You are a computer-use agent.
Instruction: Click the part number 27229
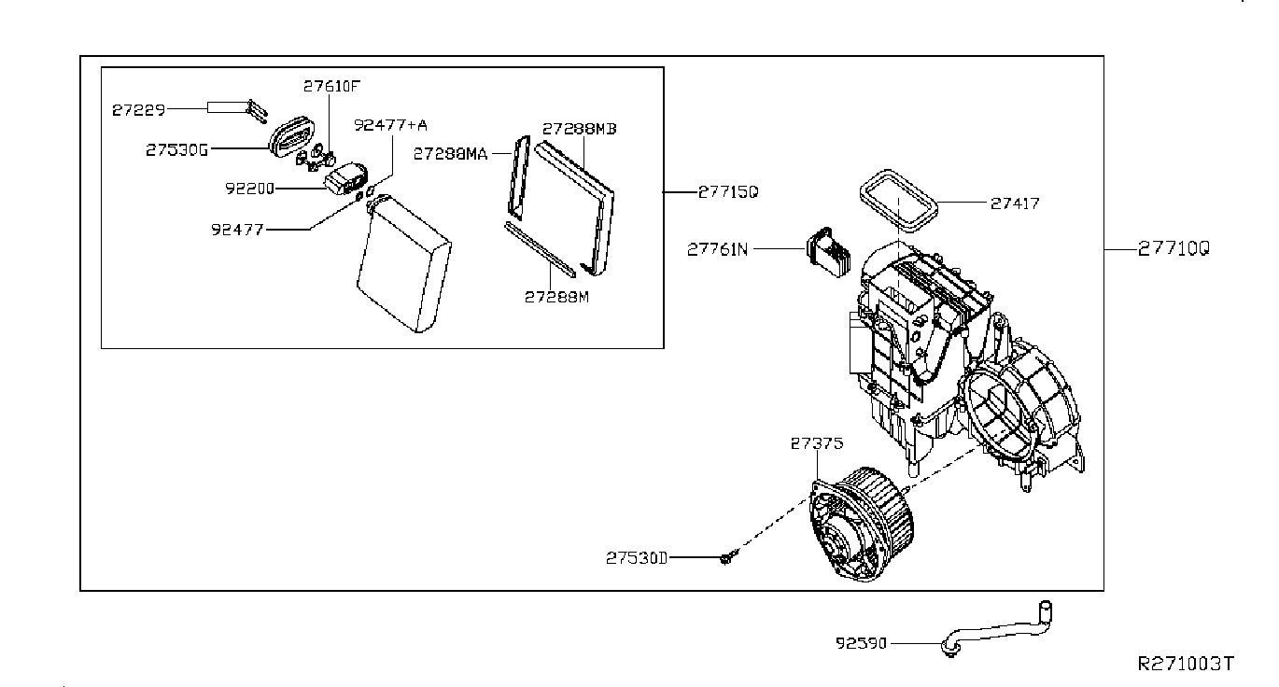tap(138, 109)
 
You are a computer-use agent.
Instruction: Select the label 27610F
tap(330, 86)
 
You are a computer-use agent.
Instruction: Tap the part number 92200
tap(248, 188)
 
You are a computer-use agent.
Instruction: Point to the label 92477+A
tap(391, 124)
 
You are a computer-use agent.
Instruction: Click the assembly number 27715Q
tap(728, 191)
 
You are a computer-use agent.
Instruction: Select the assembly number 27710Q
tap(1174, 249)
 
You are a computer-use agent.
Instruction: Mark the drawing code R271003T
tap(1185, 664)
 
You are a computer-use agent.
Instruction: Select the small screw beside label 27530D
tap(725, 557)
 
